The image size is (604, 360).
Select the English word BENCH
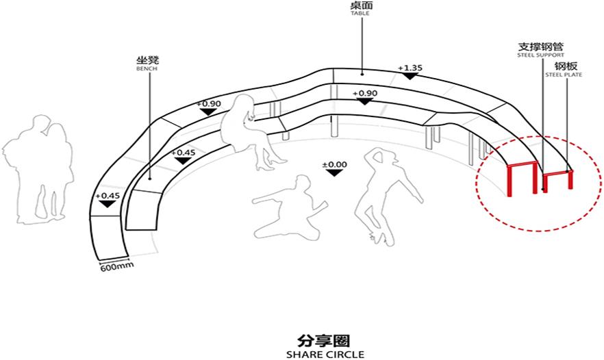pyautogui.click(x=147, y=69)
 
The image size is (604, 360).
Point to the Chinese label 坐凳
pyautogui.click(x=147, y=61)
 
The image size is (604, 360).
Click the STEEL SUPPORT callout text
pyautogui.click(x=542, y=55)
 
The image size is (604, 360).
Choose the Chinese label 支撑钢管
pyautogui.click(x=542, y=47)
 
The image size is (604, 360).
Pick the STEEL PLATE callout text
pyautogui.click(x=564, y=74)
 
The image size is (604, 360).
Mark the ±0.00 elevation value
pyautogui.click(x=334, y=164)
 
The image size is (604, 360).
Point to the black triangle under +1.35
pyautogui.click(x=410, y=76)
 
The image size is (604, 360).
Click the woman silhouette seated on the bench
pyautogui.click(x=251, y=130)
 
